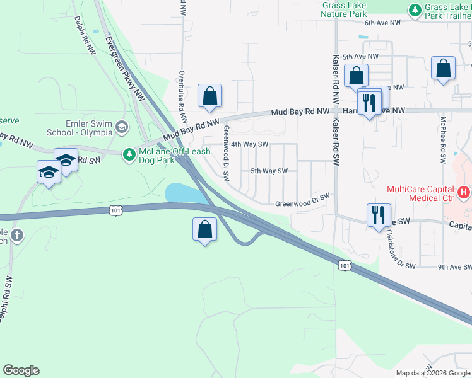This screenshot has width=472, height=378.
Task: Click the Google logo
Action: (21, 370)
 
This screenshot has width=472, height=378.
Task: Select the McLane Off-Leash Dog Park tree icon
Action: (129, 154)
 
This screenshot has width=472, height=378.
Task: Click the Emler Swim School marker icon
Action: (122, 128)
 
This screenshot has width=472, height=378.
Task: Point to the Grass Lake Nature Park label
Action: (344, 9)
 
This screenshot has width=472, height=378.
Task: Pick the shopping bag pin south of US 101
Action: (204, 230)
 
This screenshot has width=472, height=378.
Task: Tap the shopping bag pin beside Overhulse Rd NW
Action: (209, 96)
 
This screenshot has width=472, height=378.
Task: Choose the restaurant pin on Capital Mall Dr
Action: (379, 215)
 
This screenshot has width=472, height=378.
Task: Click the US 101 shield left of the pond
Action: (114, 210)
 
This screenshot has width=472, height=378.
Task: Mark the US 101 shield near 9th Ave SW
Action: (344, 266)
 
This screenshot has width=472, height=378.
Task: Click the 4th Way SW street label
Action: (250, 144)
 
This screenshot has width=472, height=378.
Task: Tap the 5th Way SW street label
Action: (269, 171)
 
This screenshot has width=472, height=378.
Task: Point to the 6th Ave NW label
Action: (382, 23)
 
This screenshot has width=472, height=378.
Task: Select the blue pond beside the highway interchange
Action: (185, 193)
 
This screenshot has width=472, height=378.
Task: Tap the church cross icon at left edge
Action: (16, 236)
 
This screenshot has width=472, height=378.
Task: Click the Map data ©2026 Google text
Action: (432, 373)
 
